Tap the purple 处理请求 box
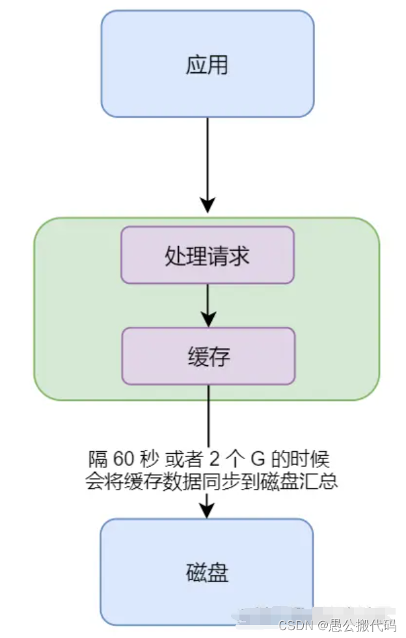[208, 255]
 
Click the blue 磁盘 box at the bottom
[207, 572]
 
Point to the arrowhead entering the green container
[208, 205]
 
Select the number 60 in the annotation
[122, 458]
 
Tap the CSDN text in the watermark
[292, 626]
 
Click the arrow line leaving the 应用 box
[208, 156]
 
